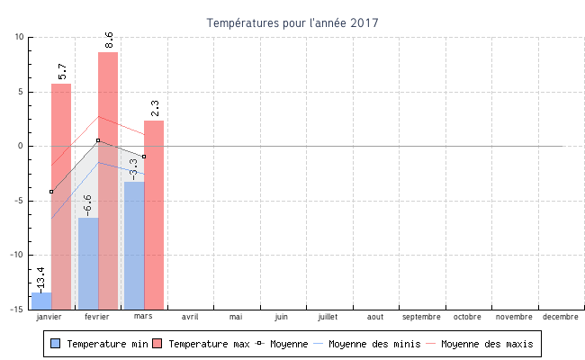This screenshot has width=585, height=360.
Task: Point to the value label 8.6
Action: tap(109, 40)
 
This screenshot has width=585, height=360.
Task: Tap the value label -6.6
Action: tap(87, 204)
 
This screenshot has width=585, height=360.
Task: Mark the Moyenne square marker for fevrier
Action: tap(98, 140)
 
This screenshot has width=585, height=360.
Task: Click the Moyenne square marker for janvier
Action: tap(51, 192)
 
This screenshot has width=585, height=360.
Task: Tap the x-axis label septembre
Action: tap(421, 317)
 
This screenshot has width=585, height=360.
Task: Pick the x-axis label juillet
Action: tap(328, 317)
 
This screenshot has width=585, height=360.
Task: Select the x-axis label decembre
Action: tap(560, 317)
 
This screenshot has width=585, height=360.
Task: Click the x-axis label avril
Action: tap(190, 317)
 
